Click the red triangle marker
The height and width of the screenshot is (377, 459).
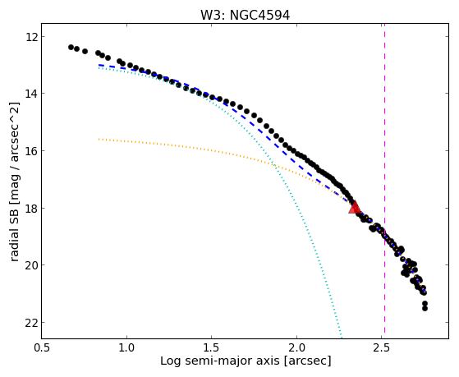coord(355,208)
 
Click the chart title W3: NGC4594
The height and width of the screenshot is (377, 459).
coord(245,16)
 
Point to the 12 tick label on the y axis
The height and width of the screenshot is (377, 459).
coord(30,37)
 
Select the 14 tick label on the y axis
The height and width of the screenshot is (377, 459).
coord(30,94)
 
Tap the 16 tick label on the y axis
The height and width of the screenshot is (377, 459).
coord(30,151)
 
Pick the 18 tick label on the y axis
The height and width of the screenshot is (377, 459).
coord(30,208)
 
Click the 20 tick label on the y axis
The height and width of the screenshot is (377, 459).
coord(30,265)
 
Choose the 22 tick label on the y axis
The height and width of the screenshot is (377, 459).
coord(30,323)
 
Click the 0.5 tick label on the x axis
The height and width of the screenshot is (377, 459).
coord(42,347)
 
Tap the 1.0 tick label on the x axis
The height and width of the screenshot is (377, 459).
coord(126,347)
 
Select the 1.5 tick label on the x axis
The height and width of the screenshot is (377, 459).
coord(211,347)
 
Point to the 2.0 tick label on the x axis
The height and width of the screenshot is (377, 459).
coord(296,347)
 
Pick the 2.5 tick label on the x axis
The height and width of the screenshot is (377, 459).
coord(382,347)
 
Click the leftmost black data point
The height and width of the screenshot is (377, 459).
coord(71,47)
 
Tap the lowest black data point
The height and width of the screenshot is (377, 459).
coord(425,309)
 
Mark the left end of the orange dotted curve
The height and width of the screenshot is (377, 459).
coord(99,139)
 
